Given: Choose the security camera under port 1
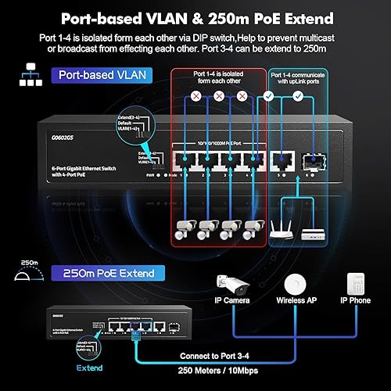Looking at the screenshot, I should point(185,230).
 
